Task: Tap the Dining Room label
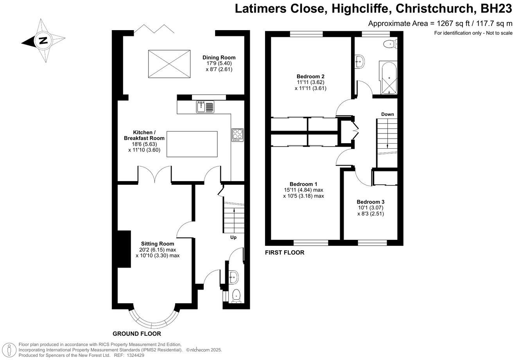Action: tap(219, 58)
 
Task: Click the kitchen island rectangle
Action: tap(192, 144)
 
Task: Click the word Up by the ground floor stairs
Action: tap(233, 238)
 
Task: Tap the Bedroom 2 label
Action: tap(310, 76)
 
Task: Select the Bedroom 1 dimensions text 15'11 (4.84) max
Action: tap(303, 190)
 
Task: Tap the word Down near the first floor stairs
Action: tap(387, 114)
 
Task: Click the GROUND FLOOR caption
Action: tap(137, 334)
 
